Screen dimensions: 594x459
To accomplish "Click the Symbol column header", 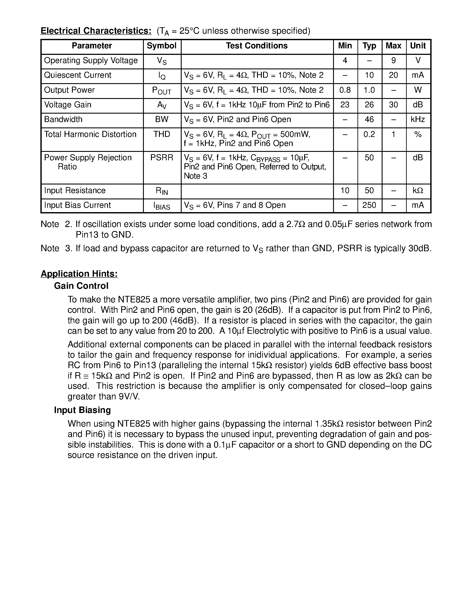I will pyautogui.click(x=162, y=46).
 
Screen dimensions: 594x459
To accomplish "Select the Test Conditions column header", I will pyautogui.click(x=257, y=46).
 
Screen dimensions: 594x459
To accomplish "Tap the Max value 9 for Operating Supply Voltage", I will pyautogui.click(x=394, y=60).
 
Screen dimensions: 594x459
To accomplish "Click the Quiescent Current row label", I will pyautogui.click(x=78, y=75).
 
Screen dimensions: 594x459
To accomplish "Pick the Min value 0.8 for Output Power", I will pyautogui.click(x=345, y=90).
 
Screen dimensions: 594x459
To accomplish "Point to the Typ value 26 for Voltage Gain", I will pyautogui.click(x=369, y=105).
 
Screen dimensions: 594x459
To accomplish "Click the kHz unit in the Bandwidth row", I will pyautogui.click(x=418, y=119).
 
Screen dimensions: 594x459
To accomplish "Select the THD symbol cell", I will pyautogui.click(x=162, y=134).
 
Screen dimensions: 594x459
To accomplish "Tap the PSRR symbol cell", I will pyautogui.click(x=162, y=158).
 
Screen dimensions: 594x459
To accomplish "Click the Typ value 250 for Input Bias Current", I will pyautogui.click(x=369, y=205).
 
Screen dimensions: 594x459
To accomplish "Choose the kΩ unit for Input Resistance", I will pyautogui.click(x=418, y=190).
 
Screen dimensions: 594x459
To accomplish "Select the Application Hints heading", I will pyautogui.click(x=79, y=274).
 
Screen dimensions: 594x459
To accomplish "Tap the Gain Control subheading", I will pyautogui.click(x=81, y=286).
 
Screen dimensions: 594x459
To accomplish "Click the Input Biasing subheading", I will pyautogui.click(x=82, y=410).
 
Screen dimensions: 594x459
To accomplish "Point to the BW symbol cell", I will pyautogui.click(x=162, y=119).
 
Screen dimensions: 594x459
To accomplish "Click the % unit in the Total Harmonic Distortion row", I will pyautogui.click(x=418, y=134).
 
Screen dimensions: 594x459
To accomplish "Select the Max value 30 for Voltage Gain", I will pyautogui.click(x=394, y=105).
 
